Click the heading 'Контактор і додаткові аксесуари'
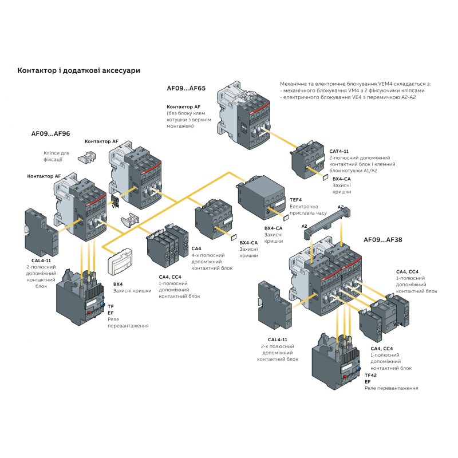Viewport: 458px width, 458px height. click(x=78, y=70)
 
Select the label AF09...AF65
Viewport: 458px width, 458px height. click(x=186, y=89)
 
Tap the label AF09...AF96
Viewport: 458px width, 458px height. click(x=50, y=133)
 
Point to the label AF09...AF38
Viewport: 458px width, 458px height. click(x=383, y=239)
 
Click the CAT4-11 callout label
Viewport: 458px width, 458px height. click(x=340, y=152)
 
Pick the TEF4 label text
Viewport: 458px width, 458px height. click(x=295, y=200)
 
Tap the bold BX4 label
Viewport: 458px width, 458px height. click(x=118, y=284)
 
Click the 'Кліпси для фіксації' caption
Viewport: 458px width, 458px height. click(x=56, y=156)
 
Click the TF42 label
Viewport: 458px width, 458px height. click(x=370, y=375)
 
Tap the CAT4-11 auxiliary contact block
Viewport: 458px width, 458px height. click(x=307, y=157)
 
